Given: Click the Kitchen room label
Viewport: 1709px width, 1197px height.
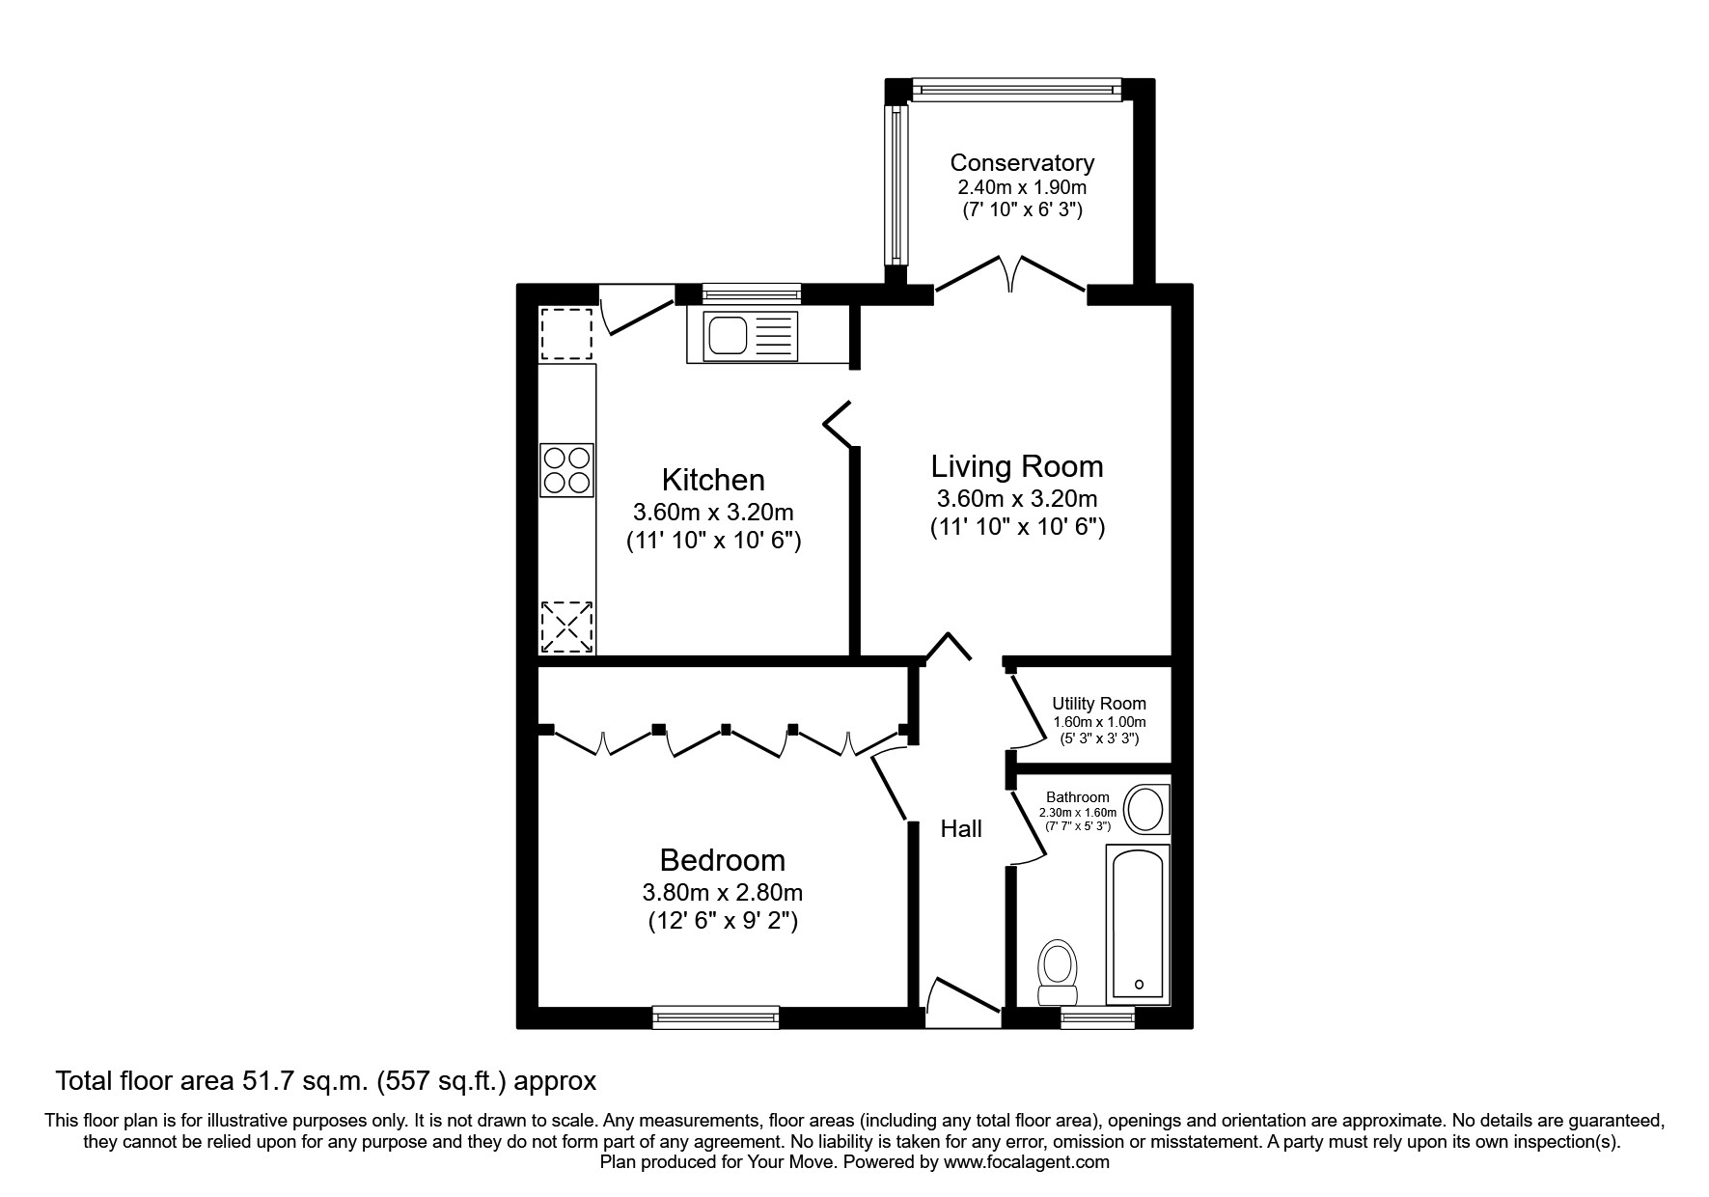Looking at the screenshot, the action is [x=713, y=480].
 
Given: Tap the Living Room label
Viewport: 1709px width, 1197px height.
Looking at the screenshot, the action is [x=1017, y=466].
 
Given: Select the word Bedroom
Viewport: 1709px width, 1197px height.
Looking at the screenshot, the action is [x=723, y=860].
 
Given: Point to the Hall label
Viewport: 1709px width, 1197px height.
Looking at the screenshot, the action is [x=961, y=828].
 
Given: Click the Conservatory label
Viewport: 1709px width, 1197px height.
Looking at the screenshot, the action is [x=1022, y=163].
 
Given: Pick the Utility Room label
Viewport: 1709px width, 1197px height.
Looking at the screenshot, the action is [x=1099, y=704].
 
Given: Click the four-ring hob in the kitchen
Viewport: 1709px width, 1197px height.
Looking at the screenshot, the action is [x=566, y=470].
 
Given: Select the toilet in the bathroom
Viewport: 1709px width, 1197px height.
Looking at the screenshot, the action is [x=1058, y=972].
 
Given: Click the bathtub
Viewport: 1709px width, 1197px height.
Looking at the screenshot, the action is [x=1140, y=923].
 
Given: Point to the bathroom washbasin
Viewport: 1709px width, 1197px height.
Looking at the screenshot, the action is [x=1146, y=810].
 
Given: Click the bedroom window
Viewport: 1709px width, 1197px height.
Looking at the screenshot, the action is [x=715, y=1016].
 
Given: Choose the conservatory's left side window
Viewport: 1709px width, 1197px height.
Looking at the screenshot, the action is [x=897, y=184].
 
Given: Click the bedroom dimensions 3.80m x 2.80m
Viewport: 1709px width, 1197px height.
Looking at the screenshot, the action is [x=723, y=893].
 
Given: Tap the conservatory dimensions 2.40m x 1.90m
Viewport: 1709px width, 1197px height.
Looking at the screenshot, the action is [x=1022, y=187].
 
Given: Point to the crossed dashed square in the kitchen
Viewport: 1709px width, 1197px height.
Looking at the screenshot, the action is [x=566, y=626].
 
